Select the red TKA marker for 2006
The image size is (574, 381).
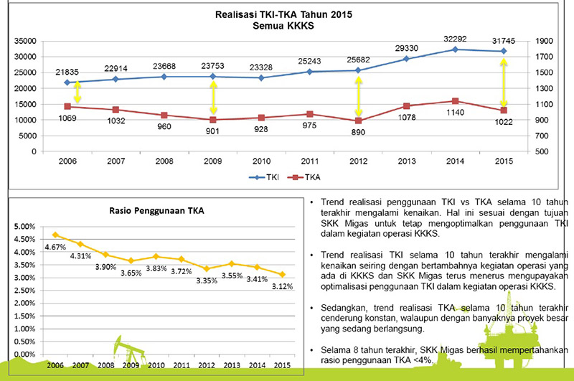coord(67,107)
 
